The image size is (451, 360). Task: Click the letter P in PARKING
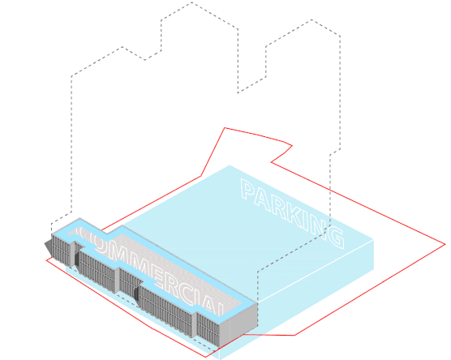(x=247, y=189)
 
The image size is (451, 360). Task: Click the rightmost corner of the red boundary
(x=445, y=244)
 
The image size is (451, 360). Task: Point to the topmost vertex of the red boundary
(x=225, y=128)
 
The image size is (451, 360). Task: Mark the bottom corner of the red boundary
(x=205, y=357)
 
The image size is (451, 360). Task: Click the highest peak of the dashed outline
(x=192, y=2)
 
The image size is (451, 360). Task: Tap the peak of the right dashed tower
(x=311, y=19)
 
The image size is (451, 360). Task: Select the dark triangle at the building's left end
(x=49, y=247)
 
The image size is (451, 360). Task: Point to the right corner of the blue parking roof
(x=374, y=239)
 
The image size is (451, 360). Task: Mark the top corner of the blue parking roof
(x=230, y=165)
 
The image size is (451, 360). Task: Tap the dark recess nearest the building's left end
(x=76, y=259)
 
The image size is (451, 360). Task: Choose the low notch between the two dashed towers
(x=238, y=92)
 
